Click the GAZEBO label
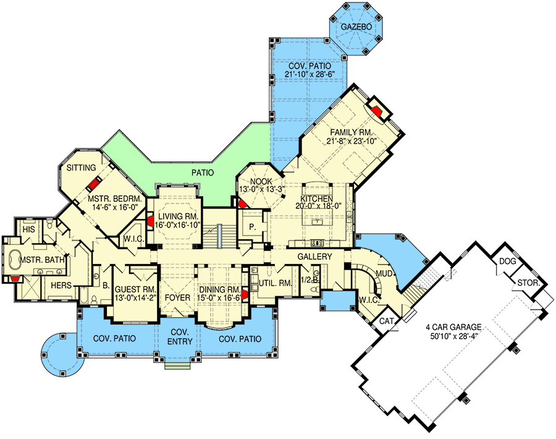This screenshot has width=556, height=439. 356,27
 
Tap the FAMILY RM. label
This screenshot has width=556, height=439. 351,132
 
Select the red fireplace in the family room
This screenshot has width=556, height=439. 377,111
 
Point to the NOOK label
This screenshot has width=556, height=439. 261,182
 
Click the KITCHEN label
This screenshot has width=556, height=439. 317,198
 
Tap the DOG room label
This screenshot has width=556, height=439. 507,261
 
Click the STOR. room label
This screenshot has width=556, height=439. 528,283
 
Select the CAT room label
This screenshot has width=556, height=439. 387,321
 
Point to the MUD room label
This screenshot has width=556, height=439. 384,274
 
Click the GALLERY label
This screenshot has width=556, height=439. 314,257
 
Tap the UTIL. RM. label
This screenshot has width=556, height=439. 276,283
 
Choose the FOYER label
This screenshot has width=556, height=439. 177,297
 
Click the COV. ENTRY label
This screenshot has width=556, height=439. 180,337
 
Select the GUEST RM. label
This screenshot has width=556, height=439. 135,289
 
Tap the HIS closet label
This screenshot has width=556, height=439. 29,229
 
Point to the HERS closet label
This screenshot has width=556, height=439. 61,285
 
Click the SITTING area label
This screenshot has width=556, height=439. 81,168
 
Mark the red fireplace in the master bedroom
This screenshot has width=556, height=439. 95,184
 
